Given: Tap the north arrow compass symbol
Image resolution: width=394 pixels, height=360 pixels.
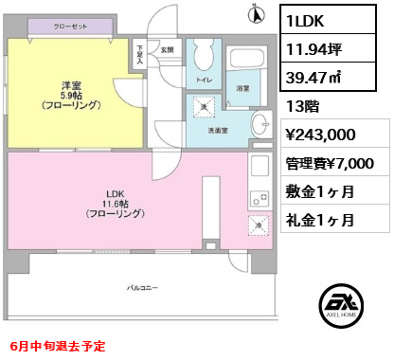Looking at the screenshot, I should (x=254, y=13).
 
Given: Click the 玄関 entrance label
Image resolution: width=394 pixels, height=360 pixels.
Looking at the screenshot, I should (x=167, y=49).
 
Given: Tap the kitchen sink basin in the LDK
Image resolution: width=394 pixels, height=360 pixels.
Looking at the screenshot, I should (x=260, y=171).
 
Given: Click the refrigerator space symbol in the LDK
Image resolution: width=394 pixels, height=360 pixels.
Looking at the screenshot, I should (x=258, y=225).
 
